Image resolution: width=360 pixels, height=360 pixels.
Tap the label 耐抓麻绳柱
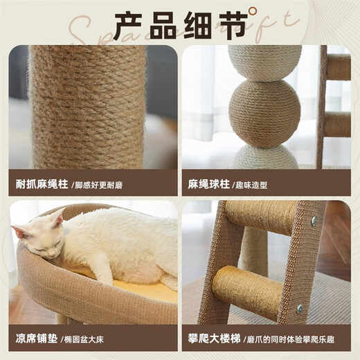click(x=42, y=185)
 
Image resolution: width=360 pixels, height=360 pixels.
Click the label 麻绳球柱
click(x=208, y=185)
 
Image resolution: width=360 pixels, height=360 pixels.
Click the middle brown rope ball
click(x=264, y=113)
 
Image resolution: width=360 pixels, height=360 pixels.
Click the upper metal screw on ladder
click(x=314, y=220)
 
